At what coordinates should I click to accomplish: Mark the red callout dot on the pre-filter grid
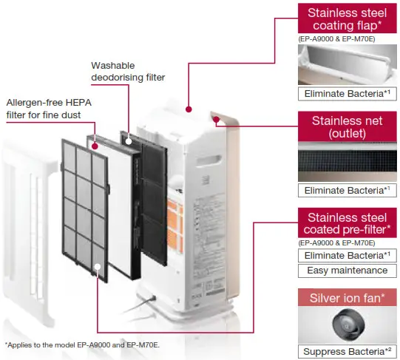click(x=98, y=264)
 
